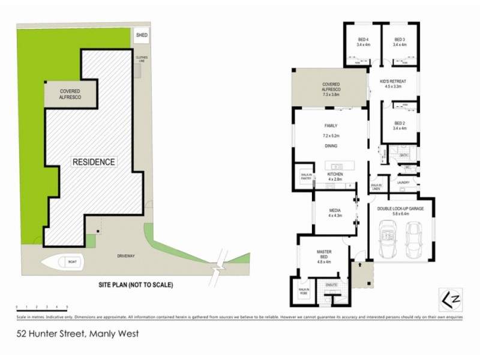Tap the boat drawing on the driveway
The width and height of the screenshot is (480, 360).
(x=62, y=262)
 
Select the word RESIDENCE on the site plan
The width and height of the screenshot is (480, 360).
(x=94, y=162)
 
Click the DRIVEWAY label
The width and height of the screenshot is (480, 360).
(x=127, y=256)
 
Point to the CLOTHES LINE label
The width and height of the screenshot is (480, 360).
(x=142, y=59)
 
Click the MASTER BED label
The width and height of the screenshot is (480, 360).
(x=323, y=256)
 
